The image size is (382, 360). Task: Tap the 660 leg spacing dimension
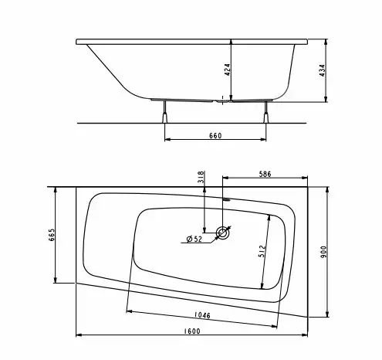215,136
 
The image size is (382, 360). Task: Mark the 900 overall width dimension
334,251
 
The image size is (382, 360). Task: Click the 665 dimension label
51,235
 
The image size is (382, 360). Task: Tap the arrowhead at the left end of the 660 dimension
167,141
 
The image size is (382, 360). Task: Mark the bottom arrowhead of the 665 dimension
56,280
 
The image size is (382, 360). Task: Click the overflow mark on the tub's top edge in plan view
225,199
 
